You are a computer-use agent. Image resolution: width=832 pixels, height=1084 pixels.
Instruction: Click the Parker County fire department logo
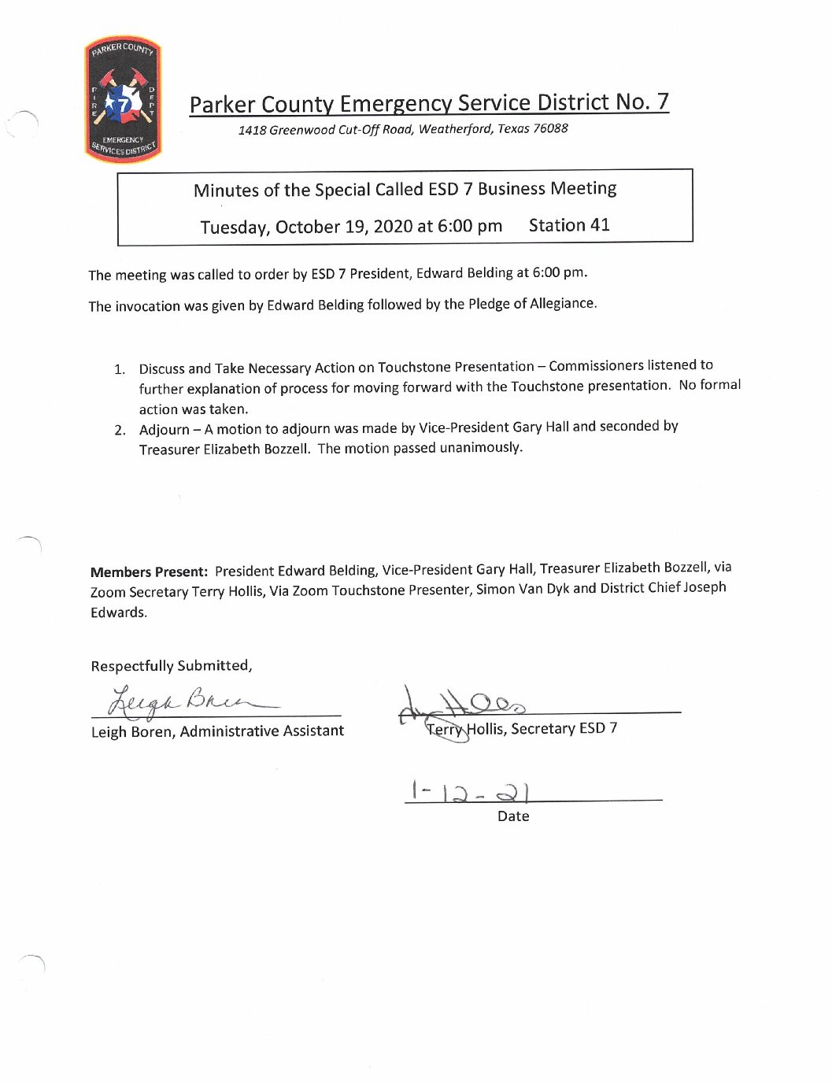123,100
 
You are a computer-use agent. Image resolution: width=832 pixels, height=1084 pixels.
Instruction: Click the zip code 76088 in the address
550,128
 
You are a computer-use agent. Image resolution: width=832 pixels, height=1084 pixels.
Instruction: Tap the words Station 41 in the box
569,225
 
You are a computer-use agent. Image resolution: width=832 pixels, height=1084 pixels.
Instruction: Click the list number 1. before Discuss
120,369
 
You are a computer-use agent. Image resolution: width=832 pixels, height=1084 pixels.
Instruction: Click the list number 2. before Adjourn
120,430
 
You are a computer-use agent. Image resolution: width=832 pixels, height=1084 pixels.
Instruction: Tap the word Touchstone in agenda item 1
414,367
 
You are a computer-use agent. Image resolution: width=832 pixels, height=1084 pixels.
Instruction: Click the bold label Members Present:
149,572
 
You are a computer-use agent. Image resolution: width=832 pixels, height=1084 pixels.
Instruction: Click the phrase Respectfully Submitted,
172,666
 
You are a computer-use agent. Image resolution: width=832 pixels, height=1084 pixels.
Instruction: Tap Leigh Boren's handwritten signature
189,699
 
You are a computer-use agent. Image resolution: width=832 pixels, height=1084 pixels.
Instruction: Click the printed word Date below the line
513,816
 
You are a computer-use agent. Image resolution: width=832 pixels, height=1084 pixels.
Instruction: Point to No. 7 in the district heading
642,102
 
